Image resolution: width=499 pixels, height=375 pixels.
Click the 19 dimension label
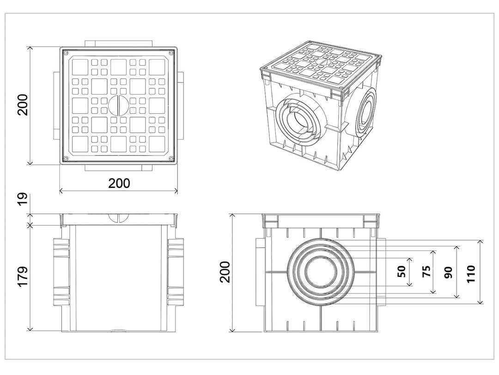point(23,200)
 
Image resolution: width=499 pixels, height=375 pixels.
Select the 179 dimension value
point(23,277)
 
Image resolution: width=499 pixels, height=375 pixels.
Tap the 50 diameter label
point(402,271)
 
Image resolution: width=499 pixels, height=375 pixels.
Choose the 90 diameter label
point(448,272)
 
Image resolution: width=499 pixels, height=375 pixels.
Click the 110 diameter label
point(471,273)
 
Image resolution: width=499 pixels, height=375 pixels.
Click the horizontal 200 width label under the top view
point(119,183)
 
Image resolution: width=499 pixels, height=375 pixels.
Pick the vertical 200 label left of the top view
point(23,105)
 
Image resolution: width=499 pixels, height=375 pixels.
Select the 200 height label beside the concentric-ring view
point(225,272)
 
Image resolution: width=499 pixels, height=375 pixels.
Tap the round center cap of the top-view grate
point(118,106)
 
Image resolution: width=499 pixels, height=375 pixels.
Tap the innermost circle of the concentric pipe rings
point(321,271)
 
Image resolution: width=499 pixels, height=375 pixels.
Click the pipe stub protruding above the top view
point(118,44)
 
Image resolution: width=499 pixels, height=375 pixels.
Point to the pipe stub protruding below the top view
point(118,168)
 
